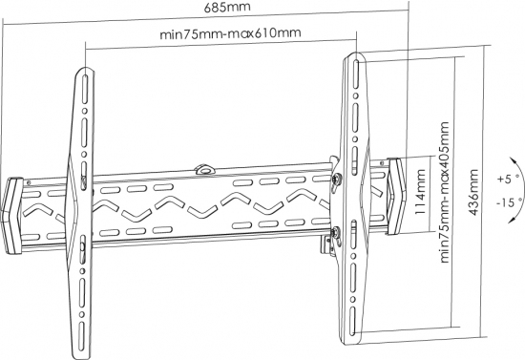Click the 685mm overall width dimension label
click(227, 7)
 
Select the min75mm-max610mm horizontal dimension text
click(230, 33)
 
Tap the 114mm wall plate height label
click(421, 192)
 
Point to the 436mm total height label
click(473, 192)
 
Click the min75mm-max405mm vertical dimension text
click(444, 192)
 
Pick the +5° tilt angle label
click(507, 179)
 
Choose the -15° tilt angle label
click(509, 203)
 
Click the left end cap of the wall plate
click(12, 216)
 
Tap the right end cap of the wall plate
click(396, 196)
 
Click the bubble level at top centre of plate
click(204, 169)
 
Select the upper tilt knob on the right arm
click(336, 179)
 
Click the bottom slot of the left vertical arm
click(81, 336)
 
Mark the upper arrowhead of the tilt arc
click(512, 160)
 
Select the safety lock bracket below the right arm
click(326, 245)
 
